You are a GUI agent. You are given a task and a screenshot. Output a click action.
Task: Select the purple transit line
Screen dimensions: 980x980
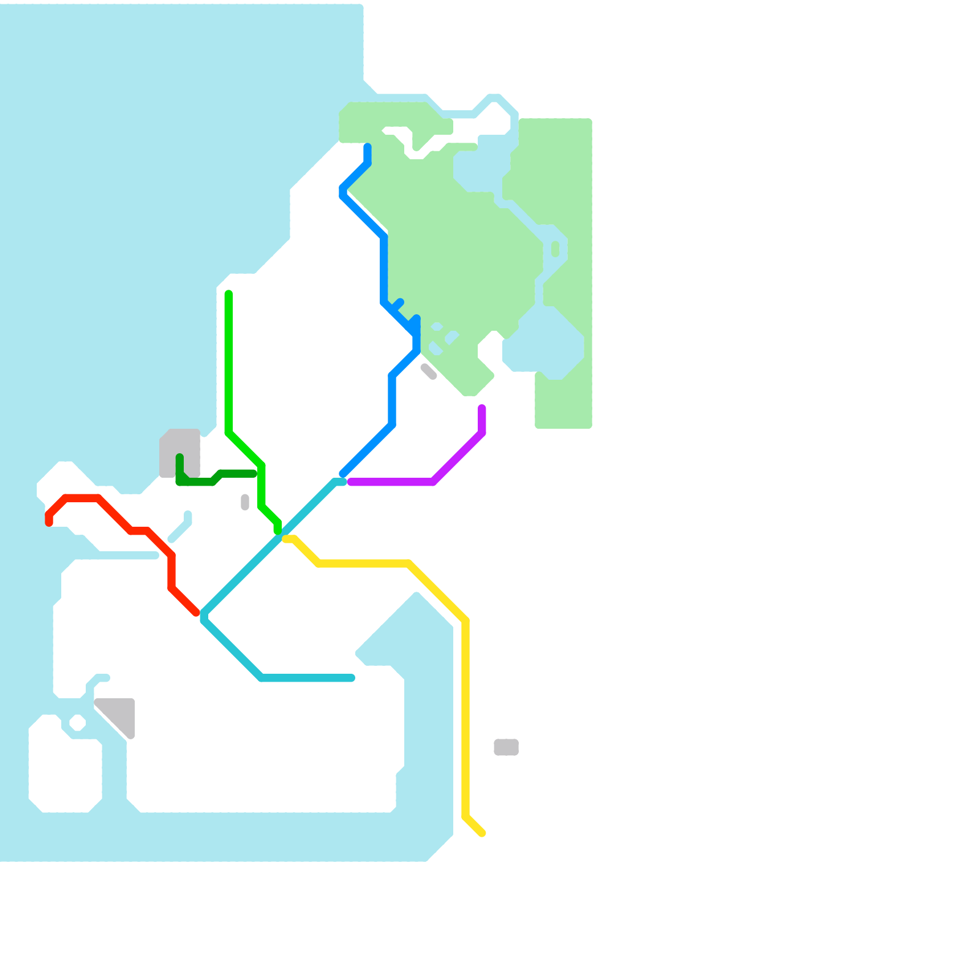[x=392, y=482]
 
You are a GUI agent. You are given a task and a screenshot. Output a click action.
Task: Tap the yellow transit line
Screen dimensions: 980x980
[x=466, y=704]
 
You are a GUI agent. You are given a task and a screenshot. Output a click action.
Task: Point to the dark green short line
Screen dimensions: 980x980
[x=196, y=482]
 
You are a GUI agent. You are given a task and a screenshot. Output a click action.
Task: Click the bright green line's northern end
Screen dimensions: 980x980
[x=228, y=295]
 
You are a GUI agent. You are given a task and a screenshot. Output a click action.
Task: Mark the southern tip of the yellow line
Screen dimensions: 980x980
[x=483, y=833]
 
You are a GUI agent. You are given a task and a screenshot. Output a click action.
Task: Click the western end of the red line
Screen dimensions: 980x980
[x=49, y=522]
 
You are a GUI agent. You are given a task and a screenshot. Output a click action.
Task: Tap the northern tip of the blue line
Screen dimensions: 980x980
[x=367, y=147]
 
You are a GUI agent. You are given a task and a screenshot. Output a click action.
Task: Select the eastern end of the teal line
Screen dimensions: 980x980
[x=352, y=678]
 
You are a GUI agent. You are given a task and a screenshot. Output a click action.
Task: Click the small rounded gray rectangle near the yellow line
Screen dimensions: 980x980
[x=506, y=747]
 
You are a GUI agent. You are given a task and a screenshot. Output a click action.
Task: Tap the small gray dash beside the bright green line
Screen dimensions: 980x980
[x=245, y=502]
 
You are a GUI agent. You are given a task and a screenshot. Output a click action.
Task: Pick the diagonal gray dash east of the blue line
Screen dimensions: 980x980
[x=429, y=372]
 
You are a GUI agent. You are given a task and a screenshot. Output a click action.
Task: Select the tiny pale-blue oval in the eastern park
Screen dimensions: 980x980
[x=555, y=249]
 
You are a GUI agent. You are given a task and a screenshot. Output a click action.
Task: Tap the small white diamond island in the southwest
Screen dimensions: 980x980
[x=77, y=723]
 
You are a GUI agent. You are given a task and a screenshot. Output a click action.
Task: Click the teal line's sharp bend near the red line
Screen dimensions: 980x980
[x=204, y=616]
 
